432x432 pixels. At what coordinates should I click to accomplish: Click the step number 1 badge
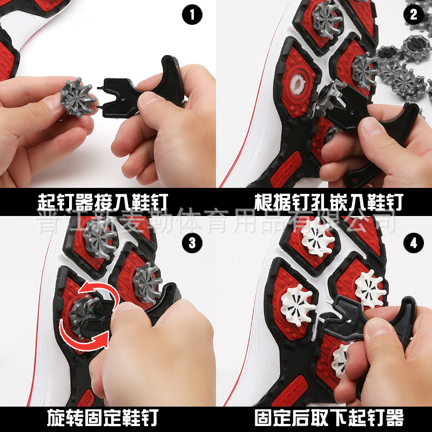click(192, 14)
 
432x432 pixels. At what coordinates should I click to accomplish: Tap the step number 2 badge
click(414, 14)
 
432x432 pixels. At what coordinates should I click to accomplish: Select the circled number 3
click(192, 243)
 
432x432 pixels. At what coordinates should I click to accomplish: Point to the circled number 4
click(414, 243)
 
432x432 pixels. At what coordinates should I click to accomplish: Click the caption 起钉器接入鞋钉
click(102, 202)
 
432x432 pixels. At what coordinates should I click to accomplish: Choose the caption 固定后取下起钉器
click(329, 417)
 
